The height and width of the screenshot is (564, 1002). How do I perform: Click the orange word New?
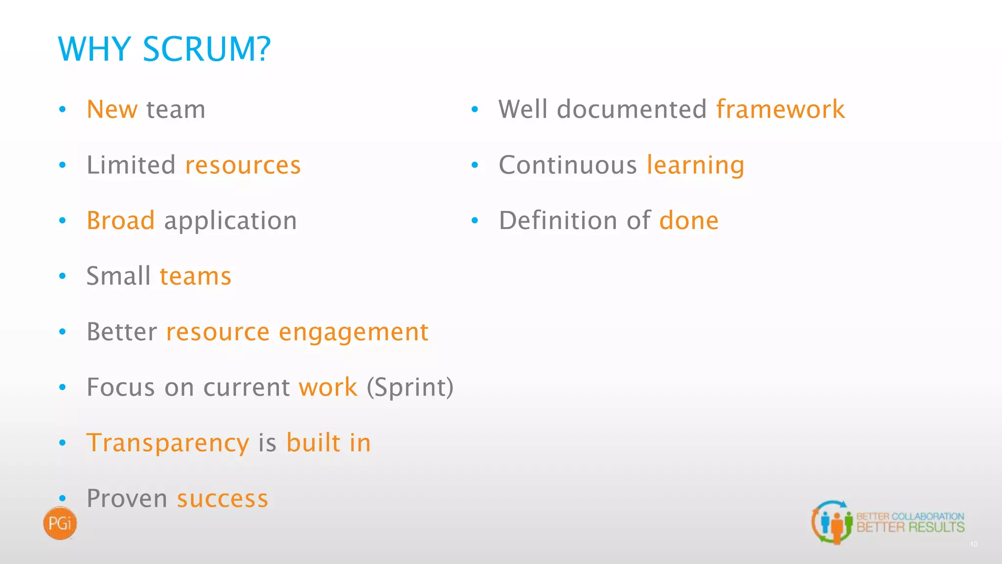112,109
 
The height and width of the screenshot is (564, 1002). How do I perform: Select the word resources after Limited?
243,165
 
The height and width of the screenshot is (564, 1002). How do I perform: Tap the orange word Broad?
121,220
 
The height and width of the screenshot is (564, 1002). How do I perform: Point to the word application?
230,221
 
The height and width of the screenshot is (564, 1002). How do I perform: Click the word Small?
118,276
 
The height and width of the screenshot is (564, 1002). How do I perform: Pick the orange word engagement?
354,332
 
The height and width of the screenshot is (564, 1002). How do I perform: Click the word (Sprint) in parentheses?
410,388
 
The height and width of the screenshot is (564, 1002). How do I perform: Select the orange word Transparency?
168,444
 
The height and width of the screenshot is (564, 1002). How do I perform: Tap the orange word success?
223,499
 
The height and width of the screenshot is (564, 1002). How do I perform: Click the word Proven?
127,499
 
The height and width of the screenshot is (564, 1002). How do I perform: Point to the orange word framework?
780,109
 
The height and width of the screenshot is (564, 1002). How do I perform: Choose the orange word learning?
695,165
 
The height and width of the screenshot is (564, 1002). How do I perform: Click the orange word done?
689,221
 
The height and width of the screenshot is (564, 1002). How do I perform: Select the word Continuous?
568,165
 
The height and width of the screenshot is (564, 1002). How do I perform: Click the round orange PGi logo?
60,523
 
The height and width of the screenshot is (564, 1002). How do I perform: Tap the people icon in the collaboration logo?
832,523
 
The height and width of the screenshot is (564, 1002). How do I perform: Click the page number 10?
974,544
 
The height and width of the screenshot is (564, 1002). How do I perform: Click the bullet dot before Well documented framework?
475,110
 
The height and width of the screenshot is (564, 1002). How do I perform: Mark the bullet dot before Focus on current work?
62,388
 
